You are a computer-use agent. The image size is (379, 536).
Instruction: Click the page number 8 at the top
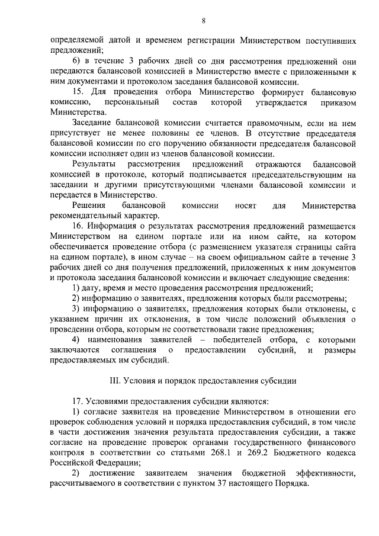point(203,21)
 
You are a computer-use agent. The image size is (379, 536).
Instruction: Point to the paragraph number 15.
point(79,93)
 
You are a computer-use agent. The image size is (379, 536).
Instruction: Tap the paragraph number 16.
point(79,226)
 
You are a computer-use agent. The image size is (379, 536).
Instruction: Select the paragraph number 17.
point(79,400)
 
